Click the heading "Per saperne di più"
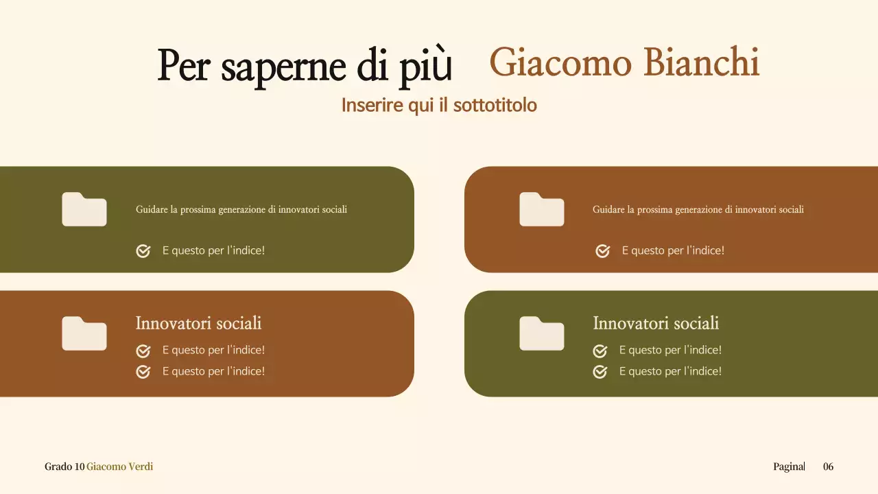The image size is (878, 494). click(x=305, y=66)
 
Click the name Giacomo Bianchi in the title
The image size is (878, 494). click(x=624, y=63)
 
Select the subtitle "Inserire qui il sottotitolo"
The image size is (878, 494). click(x=439, y=106)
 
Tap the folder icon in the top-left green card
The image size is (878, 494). click(x=84, y=209)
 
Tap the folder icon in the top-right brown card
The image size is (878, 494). click(x=542, y=209)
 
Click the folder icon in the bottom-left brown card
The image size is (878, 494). click(x=84, y=333)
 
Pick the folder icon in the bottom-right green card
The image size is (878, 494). click(x=542, y=333)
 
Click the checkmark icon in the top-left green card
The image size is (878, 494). click(x=143, y=251)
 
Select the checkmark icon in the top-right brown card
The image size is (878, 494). click(x=603, y=251)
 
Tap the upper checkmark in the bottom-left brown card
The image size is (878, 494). click(x=143, y=351)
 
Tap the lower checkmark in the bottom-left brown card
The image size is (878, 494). click(x=143, y=372)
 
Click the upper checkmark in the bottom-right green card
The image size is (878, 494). click(x=600, y=351)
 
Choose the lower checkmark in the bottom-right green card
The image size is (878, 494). click(x=600, y=372)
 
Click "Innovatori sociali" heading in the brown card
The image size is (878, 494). click(x=198, y=323)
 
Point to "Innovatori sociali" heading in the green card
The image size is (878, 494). click(x=656, y=323)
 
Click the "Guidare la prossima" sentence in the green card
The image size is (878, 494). click(x=241, y=209)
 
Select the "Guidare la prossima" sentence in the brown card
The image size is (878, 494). click(x=698, y=209)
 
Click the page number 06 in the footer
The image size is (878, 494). click(x=829, y=467)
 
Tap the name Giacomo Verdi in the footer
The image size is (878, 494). click(x=119, y=467)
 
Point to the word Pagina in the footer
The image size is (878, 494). click(x=788, y=467)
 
